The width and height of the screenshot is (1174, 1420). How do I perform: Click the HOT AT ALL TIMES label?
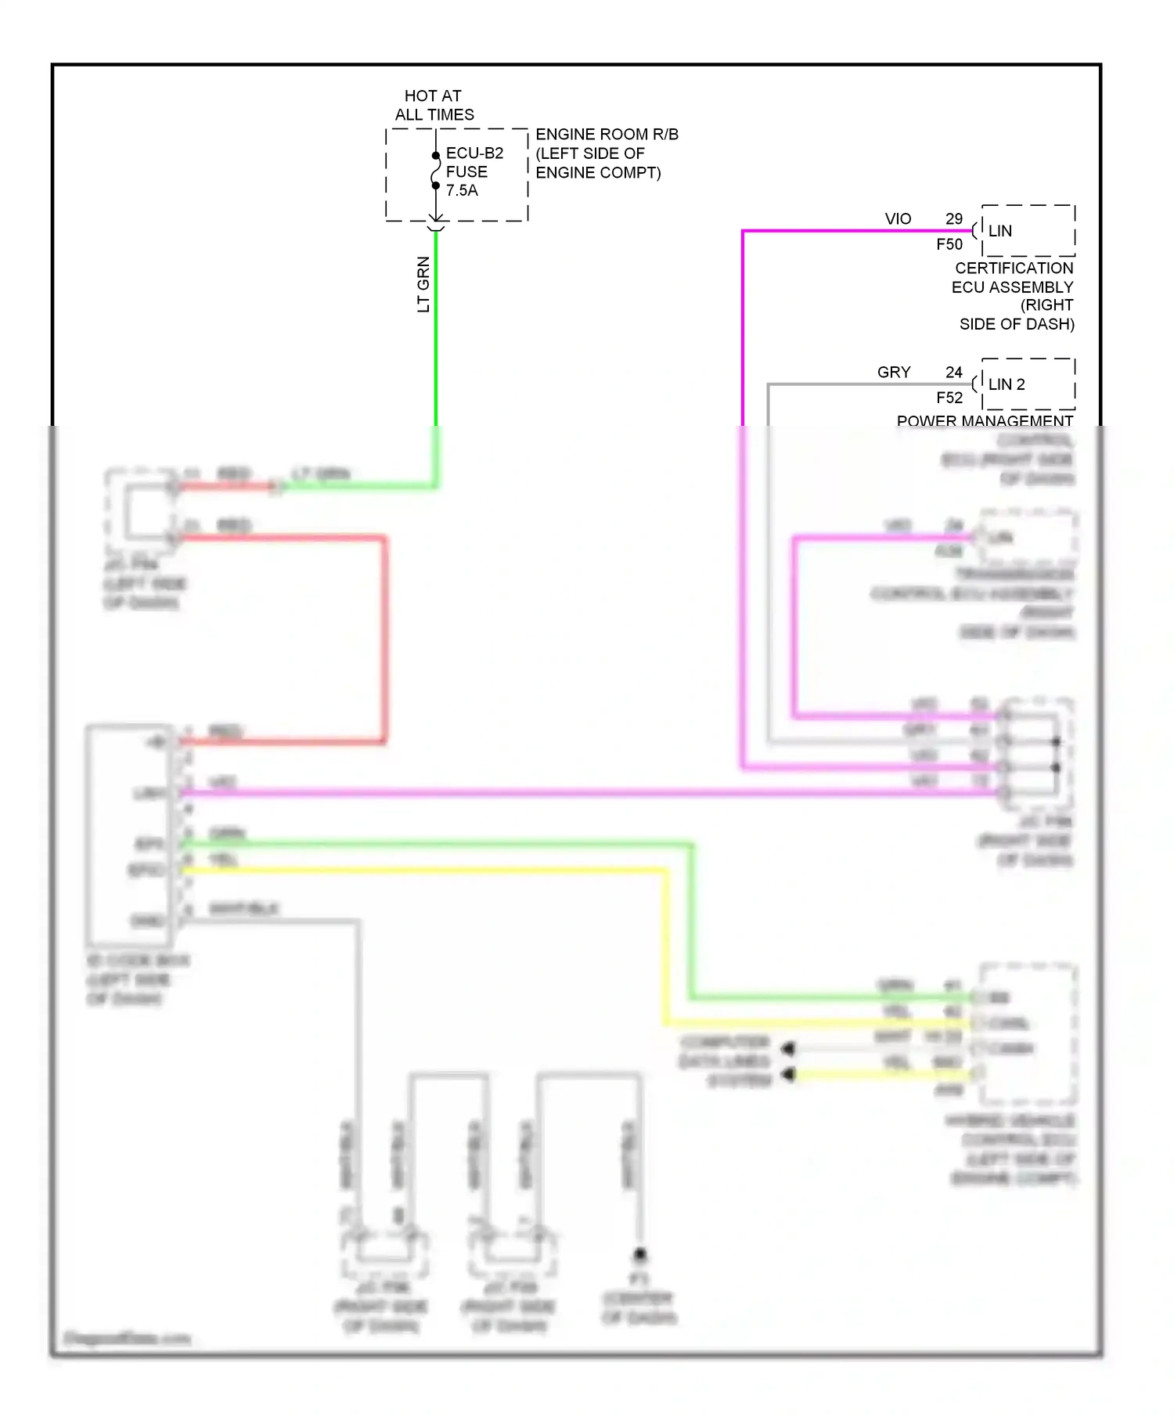pyautogui.click(x=434, y=105)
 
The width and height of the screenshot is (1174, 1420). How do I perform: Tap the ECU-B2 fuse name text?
pyautogui.click(x=474, y=153)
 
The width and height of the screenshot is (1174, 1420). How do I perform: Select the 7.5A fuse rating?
pyautogui.click(x=462, y=190)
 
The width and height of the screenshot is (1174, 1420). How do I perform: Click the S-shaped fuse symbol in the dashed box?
pyautogui.click(x=436, y=171)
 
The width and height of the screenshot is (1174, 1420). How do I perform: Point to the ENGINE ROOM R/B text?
pyautogui.click(x=607, y=135)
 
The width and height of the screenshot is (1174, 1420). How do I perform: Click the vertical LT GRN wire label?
pyautogui.click(x=423, y=284)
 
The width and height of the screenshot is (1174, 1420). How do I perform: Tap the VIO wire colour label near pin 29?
pyautogui.click(x=898, y=219)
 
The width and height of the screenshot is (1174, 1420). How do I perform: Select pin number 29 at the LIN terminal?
pyautogui.click(x=953, y=219)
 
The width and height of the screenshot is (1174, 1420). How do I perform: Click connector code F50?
pyautogui.click(x=949, y=244)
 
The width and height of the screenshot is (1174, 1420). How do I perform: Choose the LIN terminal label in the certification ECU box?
pyautogui.click(x=999, y=231)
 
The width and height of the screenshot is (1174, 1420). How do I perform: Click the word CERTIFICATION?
pyautogui.click(x=1014, y=268)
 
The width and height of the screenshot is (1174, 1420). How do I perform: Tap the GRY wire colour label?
pyautogui.click(x=894, y=373)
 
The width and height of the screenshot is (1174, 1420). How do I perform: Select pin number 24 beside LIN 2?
pyautogui.click(x=953, y=373)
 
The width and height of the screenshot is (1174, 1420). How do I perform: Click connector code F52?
pyautogui.click(x=949, y=398)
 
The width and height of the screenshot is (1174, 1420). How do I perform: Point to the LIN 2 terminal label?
pyautogui.click(x=1006, y=384)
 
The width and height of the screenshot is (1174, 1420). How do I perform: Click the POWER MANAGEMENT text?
pyautogui.click(x=984, y=420)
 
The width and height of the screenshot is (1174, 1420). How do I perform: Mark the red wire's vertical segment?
pyautogui.click(x=384, y=638)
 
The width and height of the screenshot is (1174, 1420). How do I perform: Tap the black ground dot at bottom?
pyautogui.click(x=639, y=1254)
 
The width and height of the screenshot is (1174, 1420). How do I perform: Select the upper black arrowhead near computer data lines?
pyautogui.click(x=787, y=1048)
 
